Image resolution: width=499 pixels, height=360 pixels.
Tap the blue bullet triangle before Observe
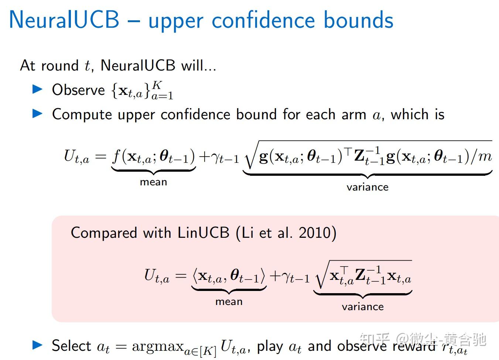point(38,89)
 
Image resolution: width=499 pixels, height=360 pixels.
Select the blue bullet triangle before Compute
point(38,113)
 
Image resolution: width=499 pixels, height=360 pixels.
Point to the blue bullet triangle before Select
point(38,345)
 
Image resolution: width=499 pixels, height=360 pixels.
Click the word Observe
point(78,90)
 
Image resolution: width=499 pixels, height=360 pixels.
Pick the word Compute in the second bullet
point(82,114)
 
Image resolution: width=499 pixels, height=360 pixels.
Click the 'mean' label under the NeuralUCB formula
point(153,182)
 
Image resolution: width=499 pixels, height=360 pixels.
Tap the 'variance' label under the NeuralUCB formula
point(368,187)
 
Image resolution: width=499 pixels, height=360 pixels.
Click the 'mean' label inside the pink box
point(229,302)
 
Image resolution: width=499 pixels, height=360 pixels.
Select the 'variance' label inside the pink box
point(363,307)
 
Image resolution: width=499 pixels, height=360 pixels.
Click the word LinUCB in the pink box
point(204,233)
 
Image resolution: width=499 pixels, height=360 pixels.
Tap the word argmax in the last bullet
point(158,346)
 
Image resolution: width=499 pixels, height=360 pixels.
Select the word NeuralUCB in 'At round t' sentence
point(137,66)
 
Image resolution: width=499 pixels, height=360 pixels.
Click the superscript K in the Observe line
point(157,85)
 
